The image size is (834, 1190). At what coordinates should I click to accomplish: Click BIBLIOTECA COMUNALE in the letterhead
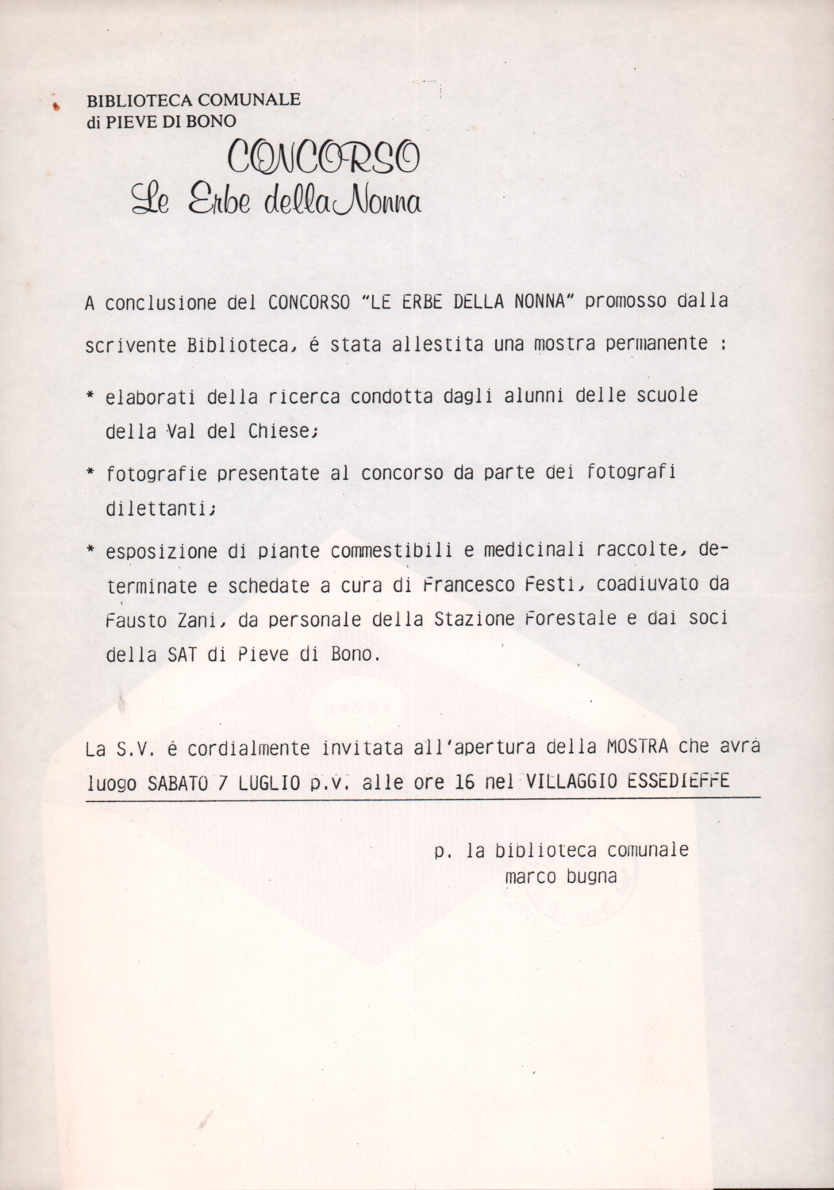point(194,101)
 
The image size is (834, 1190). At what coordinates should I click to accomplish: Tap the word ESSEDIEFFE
point(678,782)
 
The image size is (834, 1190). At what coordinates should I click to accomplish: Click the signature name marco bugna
point(560,877)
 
